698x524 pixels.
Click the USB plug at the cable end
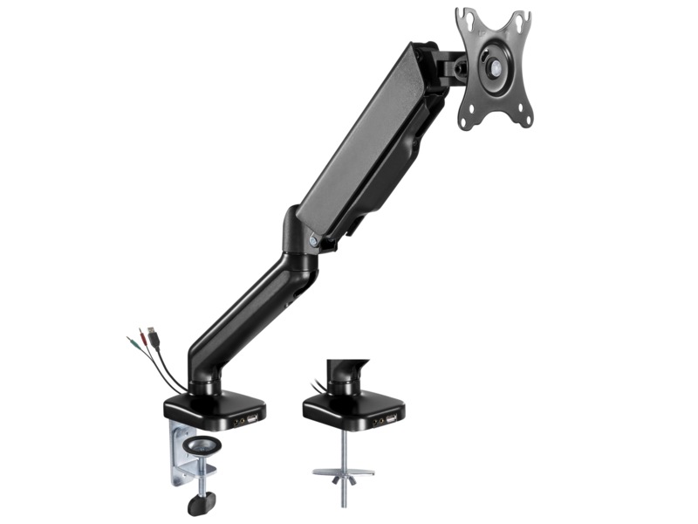[x=151, y=334]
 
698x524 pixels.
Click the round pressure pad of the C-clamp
[x=201, y=446]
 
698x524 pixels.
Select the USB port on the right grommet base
[x=388, y=420]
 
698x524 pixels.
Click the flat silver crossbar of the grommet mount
[x=343, y=472]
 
